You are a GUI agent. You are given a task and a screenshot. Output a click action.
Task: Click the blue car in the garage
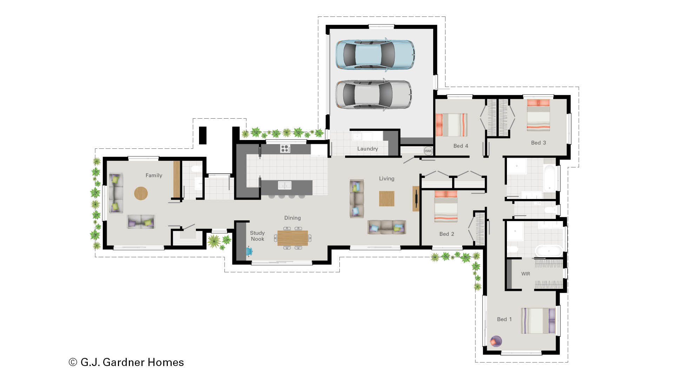click(375, 54)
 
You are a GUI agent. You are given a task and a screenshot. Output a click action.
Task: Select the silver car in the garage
click(373, 94)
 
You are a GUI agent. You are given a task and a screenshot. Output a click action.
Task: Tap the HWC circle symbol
click(428, 151)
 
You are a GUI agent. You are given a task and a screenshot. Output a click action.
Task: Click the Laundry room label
click(368, 149)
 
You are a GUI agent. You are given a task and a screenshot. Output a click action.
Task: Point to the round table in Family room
click(141, 193)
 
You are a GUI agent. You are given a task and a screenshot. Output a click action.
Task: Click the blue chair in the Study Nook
click(249, 251)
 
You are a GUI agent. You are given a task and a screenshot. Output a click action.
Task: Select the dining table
click(292, 238)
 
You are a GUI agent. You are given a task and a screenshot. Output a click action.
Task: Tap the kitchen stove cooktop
click(285, 148)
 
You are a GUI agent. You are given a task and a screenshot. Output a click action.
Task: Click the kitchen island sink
click(284, 185)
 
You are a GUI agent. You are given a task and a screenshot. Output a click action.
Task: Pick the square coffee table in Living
click(386, 198)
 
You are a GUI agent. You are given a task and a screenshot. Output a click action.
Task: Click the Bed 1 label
click(504, 319)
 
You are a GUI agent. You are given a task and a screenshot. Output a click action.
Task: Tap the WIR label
click(526, 274)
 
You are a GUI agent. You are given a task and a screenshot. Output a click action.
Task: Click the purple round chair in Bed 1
click(496, 341)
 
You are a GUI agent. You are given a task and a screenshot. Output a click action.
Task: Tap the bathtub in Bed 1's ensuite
click(548, 251)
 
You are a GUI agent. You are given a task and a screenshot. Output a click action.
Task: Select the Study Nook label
click(257, 236)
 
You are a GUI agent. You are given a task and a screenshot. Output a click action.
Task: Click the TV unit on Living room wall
click(416, 199)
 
